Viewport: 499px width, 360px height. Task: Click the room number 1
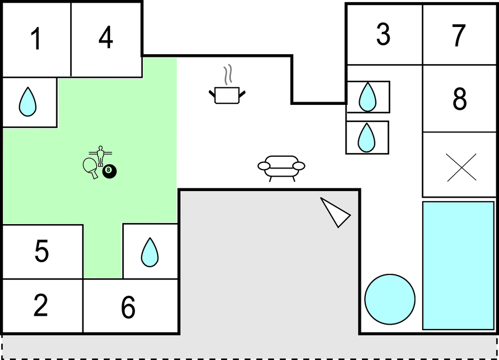coord(36,39)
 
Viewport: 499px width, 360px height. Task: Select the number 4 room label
coord(106,38)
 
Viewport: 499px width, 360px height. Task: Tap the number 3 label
coord(383,34)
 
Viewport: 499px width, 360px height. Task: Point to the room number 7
coord(459,35)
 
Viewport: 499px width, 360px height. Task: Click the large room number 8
coord(460,99)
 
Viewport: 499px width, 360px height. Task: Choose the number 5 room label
coord(41,251)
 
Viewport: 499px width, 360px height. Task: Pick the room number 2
coord(41,305)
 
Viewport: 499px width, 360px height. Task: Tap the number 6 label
coord(128,307)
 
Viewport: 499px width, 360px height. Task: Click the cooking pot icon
coord(227,95)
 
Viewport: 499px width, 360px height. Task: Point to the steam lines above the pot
coord(228,75)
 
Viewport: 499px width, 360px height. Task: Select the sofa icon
coord(281,168)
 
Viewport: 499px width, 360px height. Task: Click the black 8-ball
coord(109,171)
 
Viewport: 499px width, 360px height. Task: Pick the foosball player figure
coord(101,156)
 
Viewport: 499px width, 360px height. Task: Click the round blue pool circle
coord(390,299)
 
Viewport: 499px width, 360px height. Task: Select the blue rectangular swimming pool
coord(458,266)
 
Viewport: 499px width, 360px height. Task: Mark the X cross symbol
coord(461,167)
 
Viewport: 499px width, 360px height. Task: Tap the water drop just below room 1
coord(28,102)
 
